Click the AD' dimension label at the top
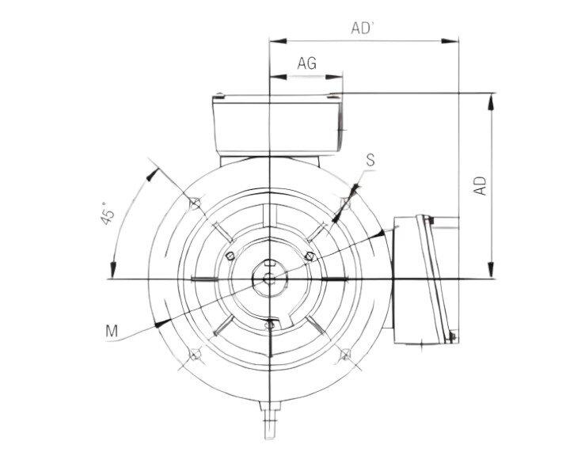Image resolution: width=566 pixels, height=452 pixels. (x=363, y=28)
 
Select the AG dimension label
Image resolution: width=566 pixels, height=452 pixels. (x=307, y=64)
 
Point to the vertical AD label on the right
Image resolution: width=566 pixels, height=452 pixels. (x=480, y=184)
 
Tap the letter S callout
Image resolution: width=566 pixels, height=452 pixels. (x=370, y=160)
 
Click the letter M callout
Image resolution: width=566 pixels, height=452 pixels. (x=112, y=330)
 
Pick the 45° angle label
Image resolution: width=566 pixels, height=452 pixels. (x=111, y=216)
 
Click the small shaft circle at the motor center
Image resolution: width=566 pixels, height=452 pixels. (x=270, y=278)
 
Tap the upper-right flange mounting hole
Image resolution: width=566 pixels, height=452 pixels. (x=345, y=203)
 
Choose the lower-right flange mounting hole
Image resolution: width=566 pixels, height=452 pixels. (x=345, y=353)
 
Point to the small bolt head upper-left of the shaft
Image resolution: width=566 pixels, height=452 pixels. (x=230, y=255)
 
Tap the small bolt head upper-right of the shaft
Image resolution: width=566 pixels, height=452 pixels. (x=310, y=255)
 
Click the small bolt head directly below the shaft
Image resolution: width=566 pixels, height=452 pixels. (x=270, y=322)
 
